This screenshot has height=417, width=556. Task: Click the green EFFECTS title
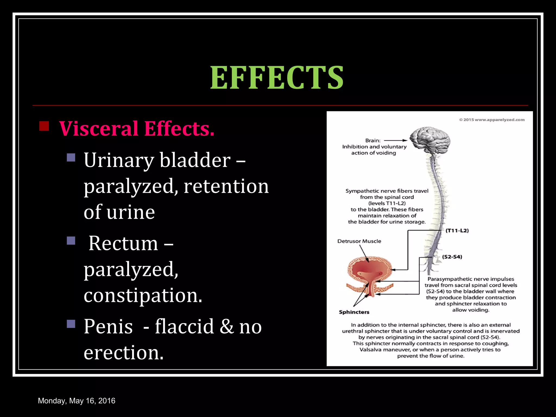coord(277,78)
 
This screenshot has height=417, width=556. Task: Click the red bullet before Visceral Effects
coord(44,126)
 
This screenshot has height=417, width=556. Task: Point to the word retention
coord(226,186)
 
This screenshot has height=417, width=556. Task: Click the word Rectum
coord(123,243)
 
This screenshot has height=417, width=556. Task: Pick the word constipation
coord(143,295)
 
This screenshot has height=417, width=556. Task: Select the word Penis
coord(108,326)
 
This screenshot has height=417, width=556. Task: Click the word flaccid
coord(184,326)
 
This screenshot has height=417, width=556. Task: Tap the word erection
coord(124,352)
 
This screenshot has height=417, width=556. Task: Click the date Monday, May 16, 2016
coord(77,401)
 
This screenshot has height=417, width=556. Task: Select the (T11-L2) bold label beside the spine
coord(457,230)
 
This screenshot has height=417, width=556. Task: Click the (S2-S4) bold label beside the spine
coord(452,257)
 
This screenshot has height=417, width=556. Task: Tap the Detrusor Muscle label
coord(359,241)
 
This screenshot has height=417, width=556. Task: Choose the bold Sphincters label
coord(354,312)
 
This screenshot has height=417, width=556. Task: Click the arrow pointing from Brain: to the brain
coord(396,141)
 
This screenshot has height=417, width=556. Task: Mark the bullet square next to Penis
coord(71,324)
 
